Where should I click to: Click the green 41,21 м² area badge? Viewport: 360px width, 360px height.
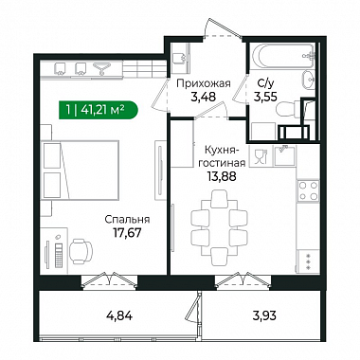click(x=99, y=110)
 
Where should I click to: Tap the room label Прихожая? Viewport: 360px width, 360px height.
click(x=204, y=83)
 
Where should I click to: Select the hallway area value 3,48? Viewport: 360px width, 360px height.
click(x=203, y=97)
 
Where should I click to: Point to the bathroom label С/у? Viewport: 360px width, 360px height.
click(x=264, y=83)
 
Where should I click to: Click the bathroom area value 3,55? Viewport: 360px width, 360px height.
click(x=265, y=97)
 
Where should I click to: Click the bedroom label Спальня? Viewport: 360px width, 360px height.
click(x=127, y=220)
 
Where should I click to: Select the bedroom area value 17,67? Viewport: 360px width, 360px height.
click(x=127, y=233)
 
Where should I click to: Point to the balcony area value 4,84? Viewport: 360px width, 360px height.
click(x=118, y=315)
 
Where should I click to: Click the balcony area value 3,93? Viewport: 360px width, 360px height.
click(x=263, y=315)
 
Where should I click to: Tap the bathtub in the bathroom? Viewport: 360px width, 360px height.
click(x=283, y=56)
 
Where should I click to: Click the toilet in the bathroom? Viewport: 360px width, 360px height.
click(x=287, y=109)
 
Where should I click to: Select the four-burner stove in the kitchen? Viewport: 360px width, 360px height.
click(x=309, y=190)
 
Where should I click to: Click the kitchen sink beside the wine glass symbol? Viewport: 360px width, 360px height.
click(x=285, y=155)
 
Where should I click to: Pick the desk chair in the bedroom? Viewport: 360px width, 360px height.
click(x=81, y=251)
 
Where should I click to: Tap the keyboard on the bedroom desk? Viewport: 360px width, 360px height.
click(x=58, y=256)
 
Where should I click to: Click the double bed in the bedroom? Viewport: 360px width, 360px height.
click(x=81, y=170)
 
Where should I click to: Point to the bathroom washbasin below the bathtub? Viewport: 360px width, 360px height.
click(x=308, y=80)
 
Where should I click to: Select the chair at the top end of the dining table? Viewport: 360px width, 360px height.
click(x=219, y=198)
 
